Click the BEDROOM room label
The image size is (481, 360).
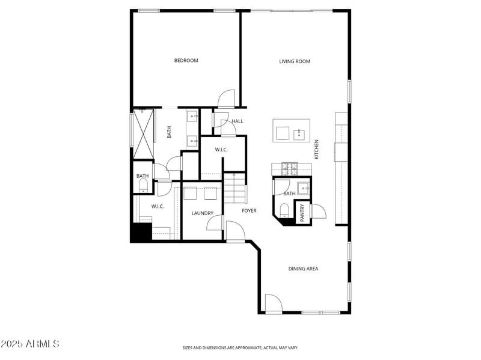click(x=186, y=61)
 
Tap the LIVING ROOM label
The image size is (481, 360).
click(x=295, y=61)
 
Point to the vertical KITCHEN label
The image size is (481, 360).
click(x=316, y=150)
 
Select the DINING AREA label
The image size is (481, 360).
click(x=303, y=269)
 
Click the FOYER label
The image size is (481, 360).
click(x=249, y=211)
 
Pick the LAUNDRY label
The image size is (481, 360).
click(x=203, y=213)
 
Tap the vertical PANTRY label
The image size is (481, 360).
click(x=302, y=212)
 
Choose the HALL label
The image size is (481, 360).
click(x=237, y=121)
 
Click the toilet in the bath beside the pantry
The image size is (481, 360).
click(x=284, y=210)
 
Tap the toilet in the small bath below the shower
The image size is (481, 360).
click(x=142, y=188)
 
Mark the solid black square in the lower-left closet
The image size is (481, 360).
click(x=141, y=232)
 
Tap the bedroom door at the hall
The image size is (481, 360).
click(x=227, y=97)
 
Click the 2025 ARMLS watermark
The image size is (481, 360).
click(x=30, y=344)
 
